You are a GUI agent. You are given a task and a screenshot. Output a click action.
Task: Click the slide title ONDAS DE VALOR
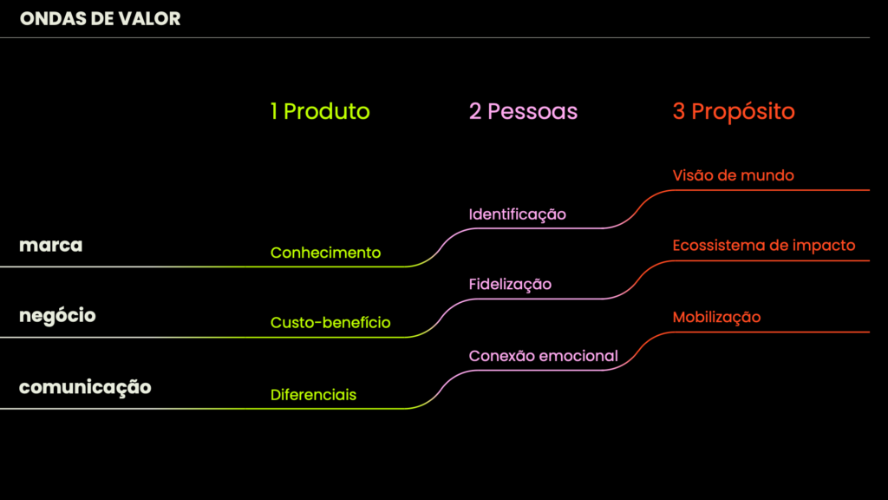[x=100, y=18]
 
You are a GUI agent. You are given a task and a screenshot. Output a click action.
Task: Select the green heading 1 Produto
[x=320, y=111]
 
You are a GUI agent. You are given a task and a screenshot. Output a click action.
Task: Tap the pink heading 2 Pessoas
[x=523, y=111]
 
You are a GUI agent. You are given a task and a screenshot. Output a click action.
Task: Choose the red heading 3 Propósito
[x=734, y=111]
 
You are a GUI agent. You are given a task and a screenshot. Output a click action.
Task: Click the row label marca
[x=51, y=245]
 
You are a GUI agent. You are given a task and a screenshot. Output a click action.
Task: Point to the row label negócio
[x=57, y=315]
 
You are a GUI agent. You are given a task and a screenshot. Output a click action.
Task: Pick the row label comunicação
[x=85, y=386]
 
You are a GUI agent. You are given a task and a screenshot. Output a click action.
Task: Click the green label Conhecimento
[x=325, y=253]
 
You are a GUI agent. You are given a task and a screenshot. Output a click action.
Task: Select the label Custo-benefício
[x=330, y=323]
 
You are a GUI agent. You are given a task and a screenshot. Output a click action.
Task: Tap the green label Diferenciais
[x=313, y=394]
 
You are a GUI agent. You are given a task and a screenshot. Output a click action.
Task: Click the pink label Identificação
[x=517, y=214]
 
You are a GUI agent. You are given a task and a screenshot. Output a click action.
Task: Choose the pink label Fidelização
[x=510, y=284]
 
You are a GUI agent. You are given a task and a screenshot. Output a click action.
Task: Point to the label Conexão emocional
[x=543, y=356]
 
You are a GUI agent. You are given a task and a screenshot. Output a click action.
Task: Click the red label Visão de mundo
[x=733, y=175]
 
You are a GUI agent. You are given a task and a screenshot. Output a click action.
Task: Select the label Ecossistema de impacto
[x=764, y=246]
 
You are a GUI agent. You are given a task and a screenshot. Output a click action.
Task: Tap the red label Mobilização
[x=716, y=317]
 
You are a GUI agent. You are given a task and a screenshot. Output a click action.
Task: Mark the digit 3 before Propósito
[x=679, y=111]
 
